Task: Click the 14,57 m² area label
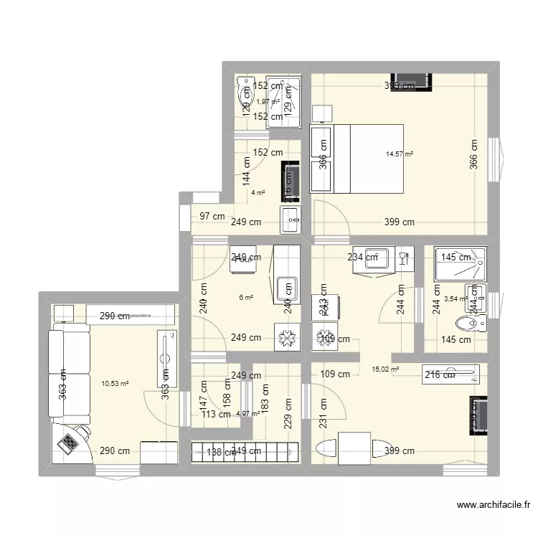400,154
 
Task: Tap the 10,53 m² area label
115,384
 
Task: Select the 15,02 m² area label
384,369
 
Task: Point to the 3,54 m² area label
456,299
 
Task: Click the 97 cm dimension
212,216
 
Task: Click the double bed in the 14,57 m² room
357,159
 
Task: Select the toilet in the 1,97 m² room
247,93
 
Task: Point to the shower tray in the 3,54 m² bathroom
460,263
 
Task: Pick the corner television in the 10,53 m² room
72,441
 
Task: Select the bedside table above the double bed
323,114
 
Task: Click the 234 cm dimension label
362,257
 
